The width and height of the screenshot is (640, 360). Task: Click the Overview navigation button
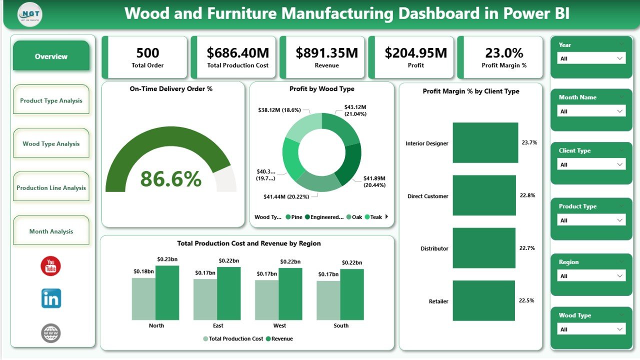tap(51, 56)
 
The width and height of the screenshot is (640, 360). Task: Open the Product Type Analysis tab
tap(51, 100)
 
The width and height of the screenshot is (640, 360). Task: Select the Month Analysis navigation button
tap(51, 231)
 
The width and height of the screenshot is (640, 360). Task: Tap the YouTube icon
tap(50, 266)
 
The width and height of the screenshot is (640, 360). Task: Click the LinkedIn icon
tap(51, 298)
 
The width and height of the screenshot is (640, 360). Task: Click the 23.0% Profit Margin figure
tap(503, 53)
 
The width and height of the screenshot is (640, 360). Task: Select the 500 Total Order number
tap(147, 53)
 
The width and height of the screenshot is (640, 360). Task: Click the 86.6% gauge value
tap(170, 178)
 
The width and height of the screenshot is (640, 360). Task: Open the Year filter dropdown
tap(591, 58)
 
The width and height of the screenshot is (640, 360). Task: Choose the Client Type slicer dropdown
tap(591, 164)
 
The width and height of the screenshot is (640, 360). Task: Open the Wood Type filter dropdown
tap(591, 329)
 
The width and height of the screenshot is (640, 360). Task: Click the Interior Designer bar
tap(485, 143)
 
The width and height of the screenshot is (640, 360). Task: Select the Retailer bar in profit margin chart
tap(483, 300)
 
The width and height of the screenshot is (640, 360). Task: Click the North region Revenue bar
tap(167, 292)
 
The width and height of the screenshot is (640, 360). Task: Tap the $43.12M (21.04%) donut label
tap(355, 110)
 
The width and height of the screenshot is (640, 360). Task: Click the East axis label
tap(218, 325)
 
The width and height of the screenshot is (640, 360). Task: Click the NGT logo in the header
tap(29, 14)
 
